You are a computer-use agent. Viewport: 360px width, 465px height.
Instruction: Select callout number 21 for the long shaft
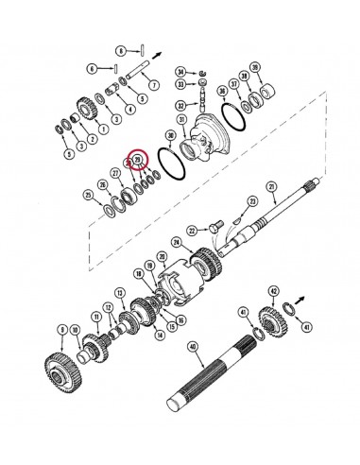273,198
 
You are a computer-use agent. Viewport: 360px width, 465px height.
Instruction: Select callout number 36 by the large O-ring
224,91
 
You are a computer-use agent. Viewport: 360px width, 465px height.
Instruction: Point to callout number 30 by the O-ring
171,134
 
